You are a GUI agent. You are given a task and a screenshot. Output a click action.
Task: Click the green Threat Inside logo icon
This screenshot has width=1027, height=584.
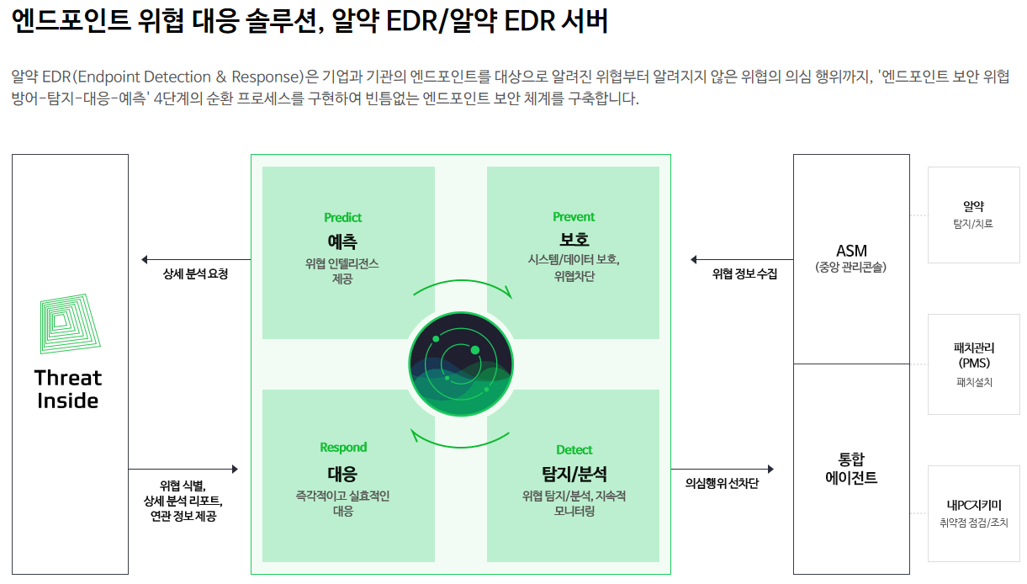tap(70, 323)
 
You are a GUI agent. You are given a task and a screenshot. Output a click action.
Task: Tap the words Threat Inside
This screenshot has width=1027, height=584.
tap(68, 389)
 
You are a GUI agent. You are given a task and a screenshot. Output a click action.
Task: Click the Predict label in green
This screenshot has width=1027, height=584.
tap(342, 217)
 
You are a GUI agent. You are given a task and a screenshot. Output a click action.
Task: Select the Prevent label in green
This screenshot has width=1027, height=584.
tap(574, 217)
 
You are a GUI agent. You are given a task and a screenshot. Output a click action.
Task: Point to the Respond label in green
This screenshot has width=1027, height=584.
tap(343, 448)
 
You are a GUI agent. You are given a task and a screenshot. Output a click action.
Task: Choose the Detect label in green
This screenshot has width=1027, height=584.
tap(574, 450)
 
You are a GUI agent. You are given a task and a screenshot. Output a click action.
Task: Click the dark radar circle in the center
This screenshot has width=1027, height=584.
tap(460, 364)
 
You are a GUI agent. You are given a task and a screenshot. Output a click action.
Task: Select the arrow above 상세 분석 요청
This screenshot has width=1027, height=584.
tap(195, 259)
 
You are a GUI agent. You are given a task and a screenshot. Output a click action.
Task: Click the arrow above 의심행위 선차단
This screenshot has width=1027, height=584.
tap(722, 469)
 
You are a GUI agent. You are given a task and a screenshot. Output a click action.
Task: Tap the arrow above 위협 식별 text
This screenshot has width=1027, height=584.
tap(183, 469)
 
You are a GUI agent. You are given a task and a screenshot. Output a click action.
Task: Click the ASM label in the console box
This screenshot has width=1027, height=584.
tap(851, 251)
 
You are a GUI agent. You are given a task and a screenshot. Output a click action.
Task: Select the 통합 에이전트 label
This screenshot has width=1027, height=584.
tap(851, 469)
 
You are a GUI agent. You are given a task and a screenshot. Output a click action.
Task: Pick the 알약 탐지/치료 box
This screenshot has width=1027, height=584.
tap(973, 215)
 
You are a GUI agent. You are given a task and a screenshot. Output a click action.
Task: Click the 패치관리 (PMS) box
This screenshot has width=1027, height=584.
tap(973, 364)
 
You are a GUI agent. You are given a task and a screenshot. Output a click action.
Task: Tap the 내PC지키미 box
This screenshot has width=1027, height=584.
tap(973, 513)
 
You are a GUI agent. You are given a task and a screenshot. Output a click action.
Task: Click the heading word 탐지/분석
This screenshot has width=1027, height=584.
tap(574, 474)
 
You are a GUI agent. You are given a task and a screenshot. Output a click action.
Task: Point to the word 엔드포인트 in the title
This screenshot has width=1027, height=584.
tap(70, 21)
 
